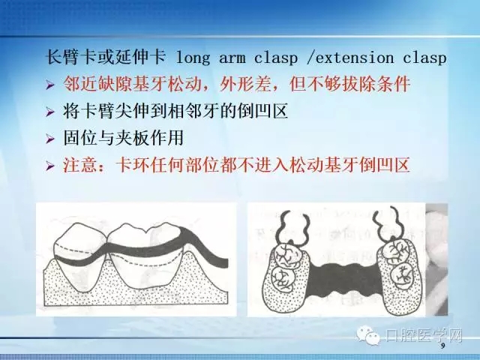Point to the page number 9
(x=442, y=346)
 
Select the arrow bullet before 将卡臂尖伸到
(x=50, y=112)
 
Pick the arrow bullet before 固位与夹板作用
(x=50, y=139)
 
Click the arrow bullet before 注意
(x=50, y=166)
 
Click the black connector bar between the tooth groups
(x=341, y=270)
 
